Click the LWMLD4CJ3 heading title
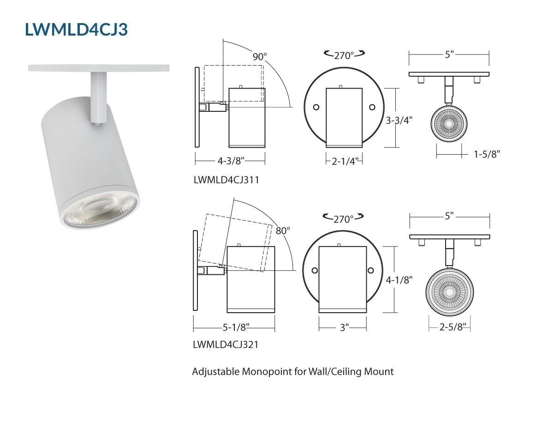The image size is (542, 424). click(x=77, y=30)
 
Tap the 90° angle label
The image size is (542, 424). click(x=260, y=57)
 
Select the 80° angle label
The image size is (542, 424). click(x=283, y=230)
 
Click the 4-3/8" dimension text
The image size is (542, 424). click(x=231, y=161)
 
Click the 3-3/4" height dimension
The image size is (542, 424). click(x=399, y=121)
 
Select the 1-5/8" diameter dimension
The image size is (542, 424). click(x=487, y=154)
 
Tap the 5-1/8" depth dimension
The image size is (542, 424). click(x=236, y=327)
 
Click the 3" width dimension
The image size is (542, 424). click(x=344, y=327)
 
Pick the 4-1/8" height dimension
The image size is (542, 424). click(x=399, y=280)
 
